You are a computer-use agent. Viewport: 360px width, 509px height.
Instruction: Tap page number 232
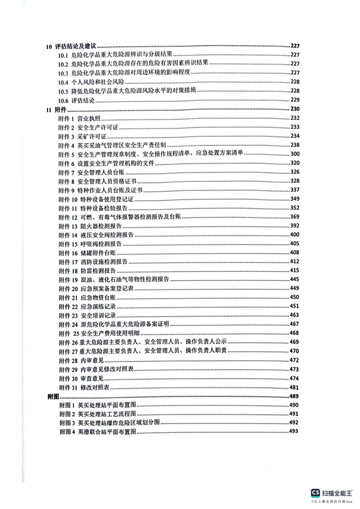[x=294, y=118]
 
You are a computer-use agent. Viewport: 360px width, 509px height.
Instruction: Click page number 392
[x=294, y=226]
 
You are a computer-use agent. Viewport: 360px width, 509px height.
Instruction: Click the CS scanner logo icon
[x=314, y=493]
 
